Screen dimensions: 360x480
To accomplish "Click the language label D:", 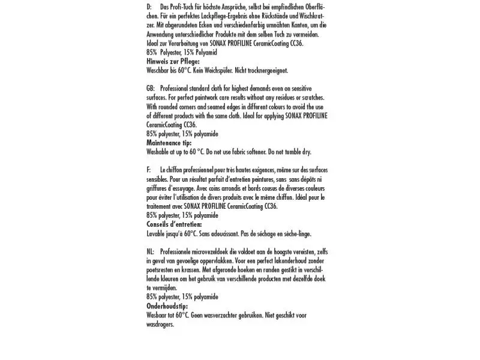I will [x=149, y=6].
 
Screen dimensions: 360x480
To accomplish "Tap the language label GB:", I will [x=151, y=88].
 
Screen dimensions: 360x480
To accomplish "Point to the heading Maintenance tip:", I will [x=169, y=143].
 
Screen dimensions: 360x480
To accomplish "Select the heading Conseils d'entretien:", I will [x=174, y=224].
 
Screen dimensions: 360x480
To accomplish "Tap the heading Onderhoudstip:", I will [x=167, y=305].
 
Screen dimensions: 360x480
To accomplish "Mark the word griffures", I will [x=157, y=188].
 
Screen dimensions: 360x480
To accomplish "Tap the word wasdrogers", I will [x=160, y=324].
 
